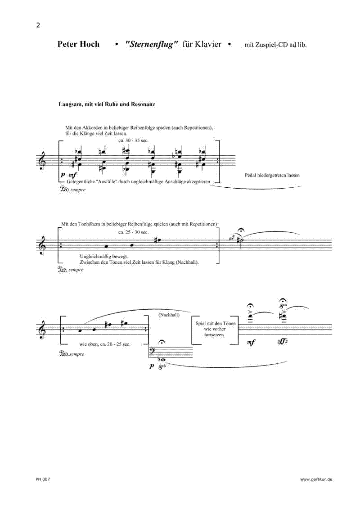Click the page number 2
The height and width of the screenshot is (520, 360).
[x=38, y=25]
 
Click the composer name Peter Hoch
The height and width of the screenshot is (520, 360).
[x=78, y=44]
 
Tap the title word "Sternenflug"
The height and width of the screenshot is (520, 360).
[x=153, y=44]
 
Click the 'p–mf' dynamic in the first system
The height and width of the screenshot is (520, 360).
[x=68, y=175]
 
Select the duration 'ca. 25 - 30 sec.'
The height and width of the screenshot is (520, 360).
[x=134, y=232]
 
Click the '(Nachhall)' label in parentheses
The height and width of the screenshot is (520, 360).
[x=169, y=315]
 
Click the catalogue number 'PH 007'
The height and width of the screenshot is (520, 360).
[x=43, y=479]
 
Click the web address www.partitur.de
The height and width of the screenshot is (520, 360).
[x=316, y=479]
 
